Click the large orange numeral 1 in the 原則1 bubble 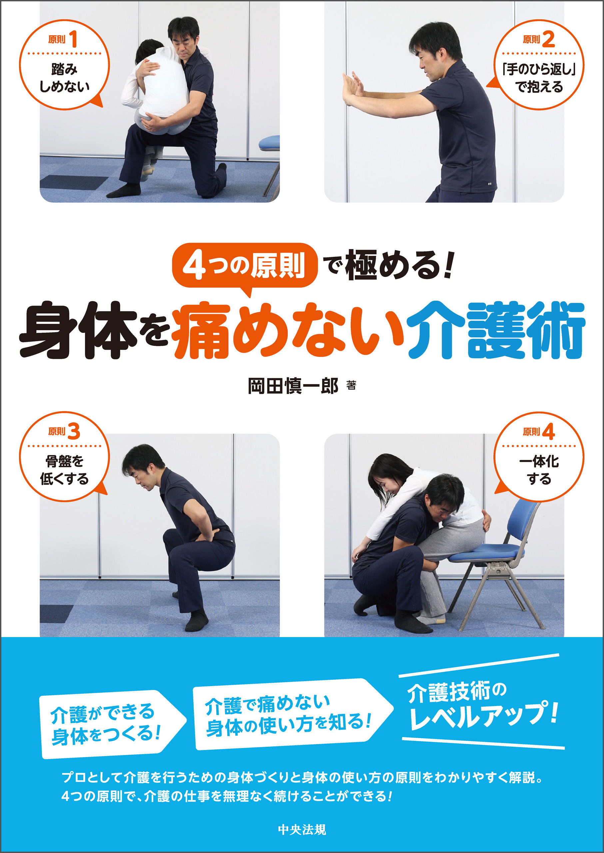pos(74,39)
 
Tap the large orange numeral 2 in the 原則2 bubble pos(548,39)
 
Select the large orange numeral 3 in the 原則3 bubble pos(74,431)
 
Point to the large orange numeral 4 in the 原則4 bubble pos(548,431)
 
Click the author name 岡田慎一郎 pos(293,386)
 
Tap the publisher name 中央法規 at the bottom pos(302,829)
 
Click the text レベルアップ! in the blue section pos(483,716)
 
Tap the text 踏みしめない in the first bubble pos(64,78)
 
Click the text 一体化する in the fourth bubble pos(539,470)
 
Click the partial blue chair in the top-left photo pos(270,144)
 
